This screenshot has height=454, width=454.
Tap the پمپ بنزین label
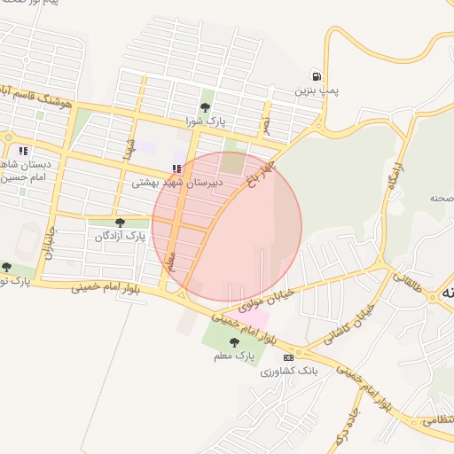(317, 90)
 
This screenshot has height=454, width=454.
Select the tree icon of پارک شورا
(206, 107)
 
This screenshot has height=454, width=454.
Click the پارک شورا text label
(206, 121)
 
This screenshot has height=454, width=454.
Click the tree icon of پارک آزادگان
(121, 223)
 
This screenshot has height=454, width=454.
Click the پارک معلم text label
(235, 356)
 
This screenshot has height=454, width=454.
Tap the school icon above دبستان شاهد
(23, 151)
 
